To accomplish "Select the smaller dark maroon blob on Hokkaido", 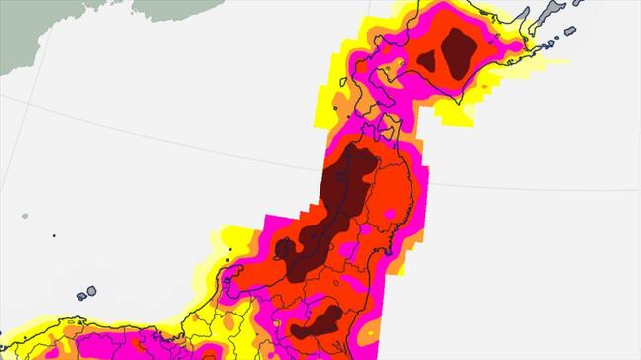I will pos(427,60).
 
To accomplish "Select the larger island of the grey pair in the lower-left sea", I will pos(91,292).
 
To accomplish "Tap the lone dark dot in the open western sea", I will pos(54,235).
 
